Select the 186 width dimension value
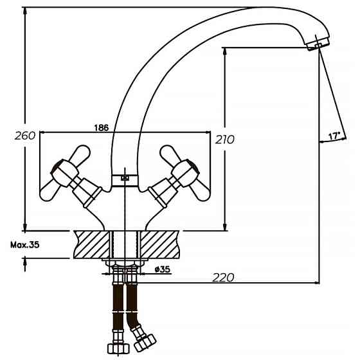pyautogui.click(x=101, y=127)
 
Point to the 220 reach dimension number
pyautogui.click(x=223, y=277)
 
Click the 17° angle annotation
pyautogui.click(x=334, y=136)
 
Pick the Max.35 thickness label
pyautogui.click(x=25, y=245)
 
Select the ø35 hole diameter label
pyautogui.click(x=162, y=269)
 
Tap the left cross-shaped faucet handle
pyautogui.click(x=64, y=171)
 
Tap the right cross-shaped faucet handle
pyautogui.click(x=184, y=171)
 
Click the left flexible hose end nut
pyautogui.click(x=118, y=348)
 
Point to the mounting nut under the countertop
pyautogui.click(x=125, y=263)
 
